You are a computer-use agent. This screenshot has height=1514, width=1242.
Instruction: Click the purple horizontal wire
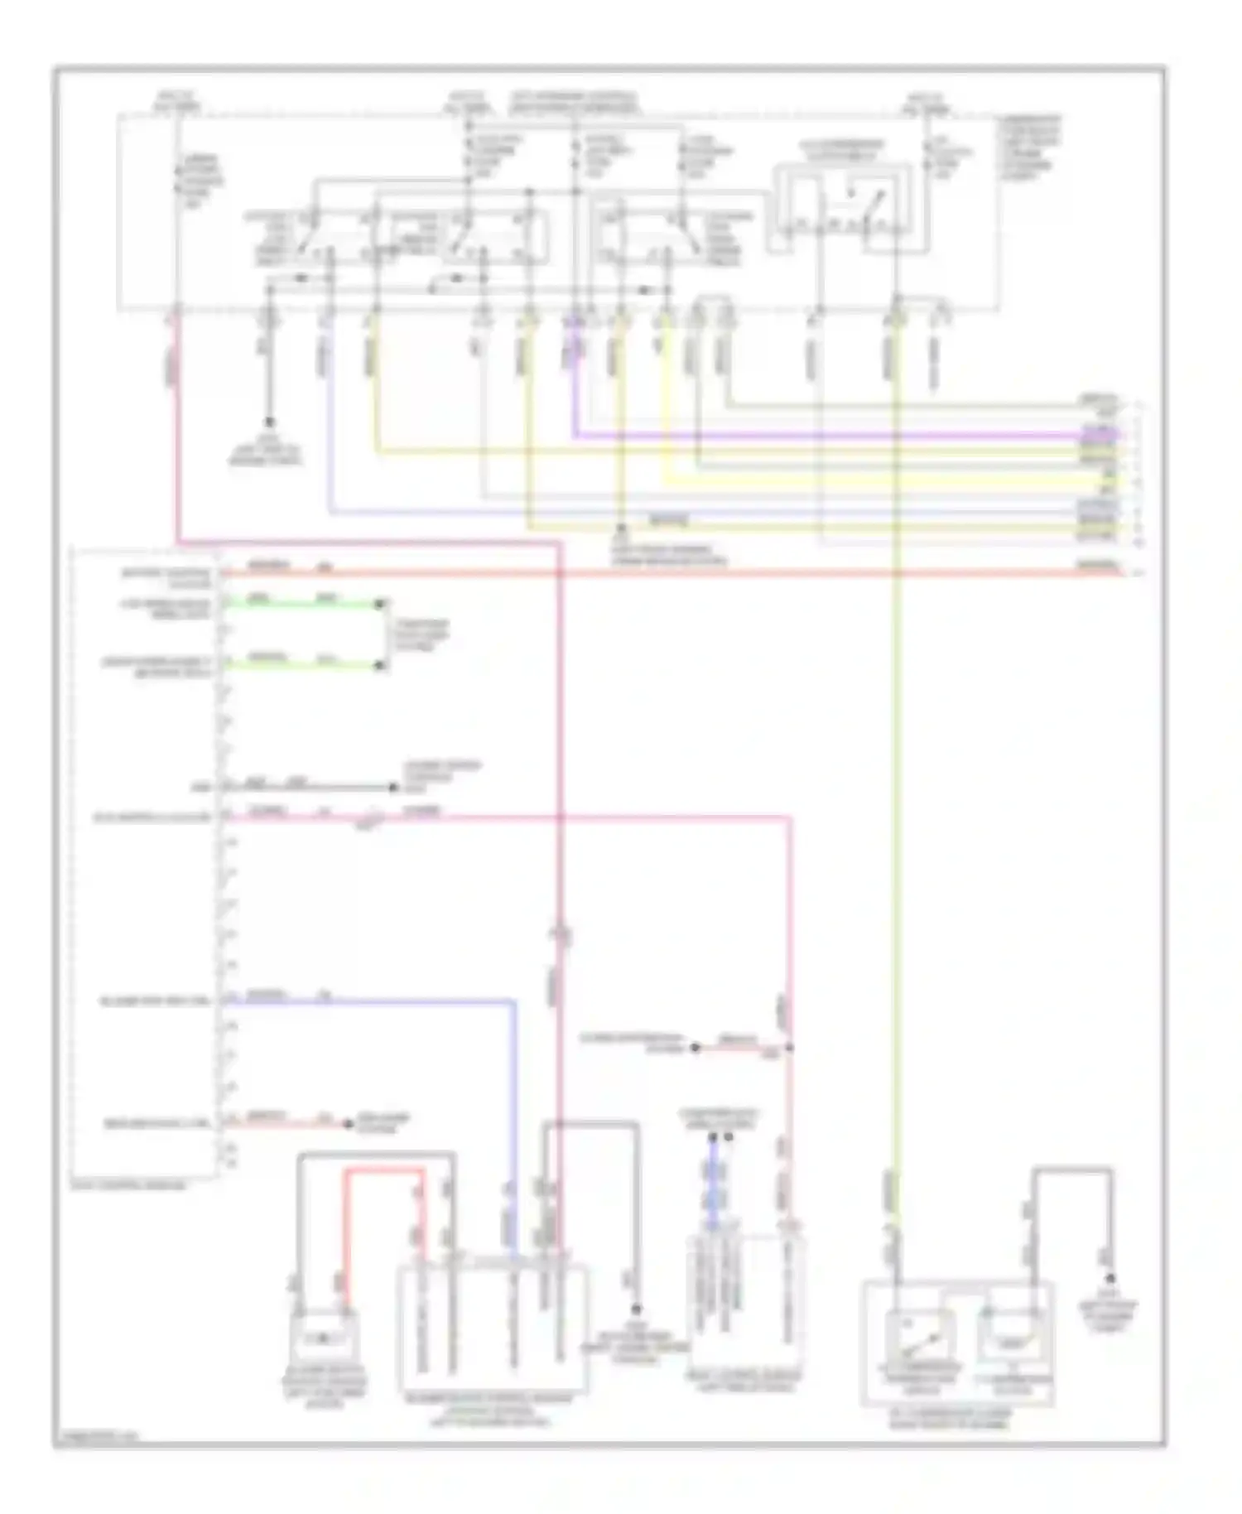828,433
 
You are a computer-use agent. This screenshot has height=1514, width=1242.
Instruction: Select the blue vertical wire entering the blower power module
513,1118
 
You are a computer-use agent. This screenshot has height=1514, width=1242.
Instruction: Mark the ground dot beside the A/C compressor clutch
1110,1280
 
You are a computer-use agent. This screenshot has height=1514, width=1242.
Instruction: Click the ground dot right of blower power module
637,1309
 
